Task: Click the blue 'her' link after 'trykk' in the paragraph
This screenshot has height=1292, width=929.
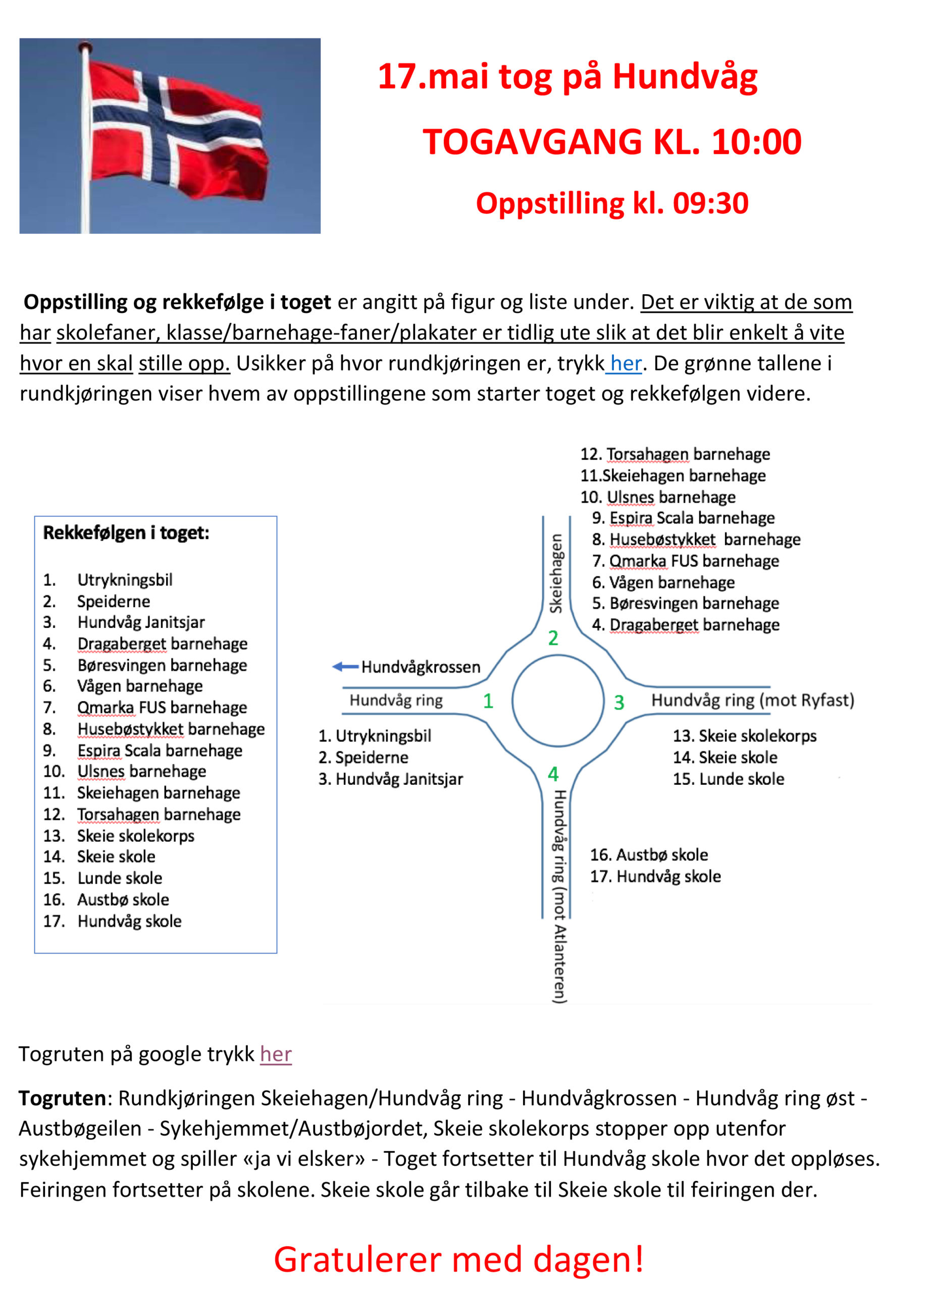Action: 625,363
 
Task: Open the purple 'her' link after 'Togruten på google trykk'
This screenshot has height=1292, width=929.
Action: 276,1054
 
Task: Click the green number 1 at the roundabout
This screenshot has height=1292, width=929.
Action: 488,701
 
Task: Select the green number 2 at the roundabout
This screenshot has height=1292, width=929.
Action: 553,638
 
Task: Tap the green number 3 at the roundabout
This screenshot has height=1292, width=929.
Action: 619,703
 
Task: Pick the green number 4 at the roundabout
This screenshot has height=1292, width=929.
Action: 553,774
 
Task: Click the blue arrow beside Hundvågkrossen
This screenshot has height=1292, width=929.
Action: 345,667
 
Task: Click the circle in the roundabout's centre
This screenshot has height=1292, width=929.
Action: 557,700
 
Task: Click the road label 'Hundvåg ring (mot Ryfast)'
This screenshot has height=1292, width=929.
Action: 752,700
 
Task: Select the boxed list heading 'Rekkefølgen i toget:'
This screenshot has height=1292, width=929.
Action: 126,532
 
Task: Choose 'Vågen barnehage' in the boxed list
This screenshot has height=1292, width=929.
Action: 140,686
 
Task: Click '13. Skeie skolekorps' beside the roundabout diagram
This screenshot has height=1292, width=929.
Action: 744,735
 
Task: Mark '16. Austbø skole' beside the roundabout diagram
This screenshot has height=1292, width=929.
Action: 649,854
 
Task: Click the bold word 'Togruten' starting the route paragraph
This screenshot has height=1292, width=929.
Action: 62,1098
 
